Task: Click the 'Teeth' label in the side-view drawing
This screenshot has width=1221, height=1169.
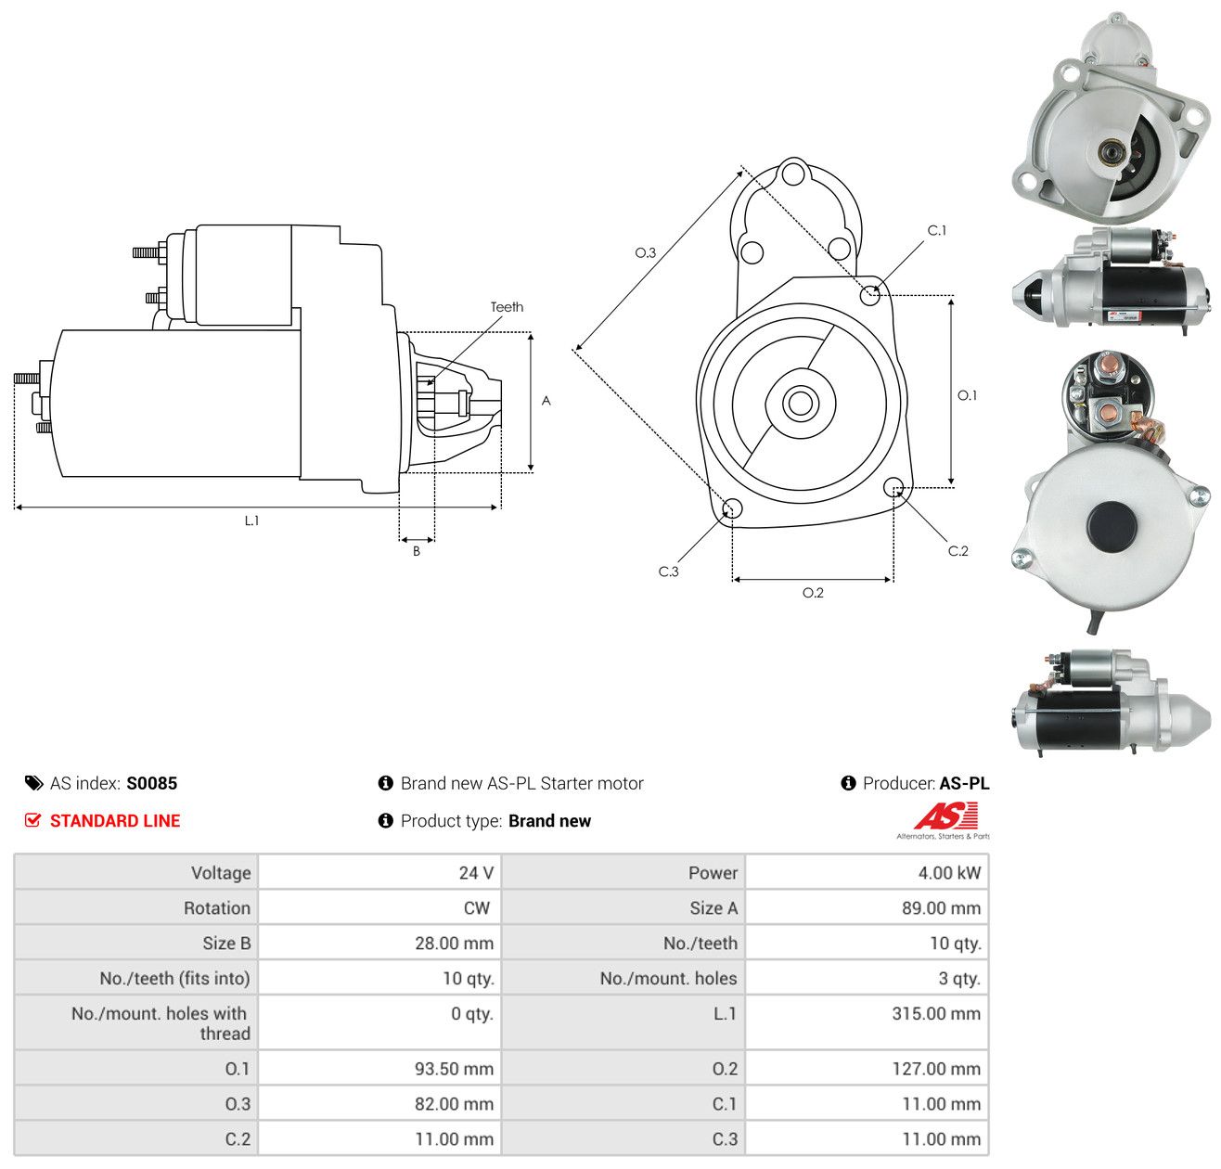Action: (507, 307)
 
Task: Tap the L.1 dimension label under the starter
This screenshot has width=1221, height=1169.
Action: (251, 520)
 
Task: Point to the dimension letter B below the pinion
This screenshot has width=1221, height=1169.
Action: (416, 551)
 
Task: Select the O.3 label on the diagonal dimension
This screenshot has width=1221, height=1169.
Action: (645, 252)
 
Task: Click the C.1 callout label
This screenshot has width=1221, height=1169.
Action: (936, 230)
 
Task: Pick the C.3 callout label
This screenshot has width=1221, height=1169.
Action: (668, 571)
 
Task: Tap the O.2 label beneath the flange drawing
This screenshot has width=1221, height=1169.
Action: (813, 592)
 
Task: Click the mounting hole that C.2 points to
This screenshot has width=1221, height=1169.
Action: (893, 486)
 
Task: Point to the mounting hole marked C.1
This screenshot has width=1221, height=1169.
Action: (869, 295)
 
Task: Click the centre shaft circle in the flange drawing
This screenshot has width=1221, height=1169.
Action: (801, 404)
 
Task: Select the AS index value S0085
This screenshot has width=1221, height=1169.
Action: (152, 783)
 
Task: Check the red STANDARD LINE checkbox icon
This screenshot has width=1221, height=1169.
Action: (32, 820)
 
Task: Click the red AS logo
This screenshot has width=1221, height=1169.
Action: (945, 816)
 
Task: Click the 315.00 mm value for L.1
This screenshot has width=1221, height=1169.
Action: (936, 1013)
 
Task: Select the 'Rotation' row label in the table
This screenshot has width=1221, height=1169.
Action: (217, 908)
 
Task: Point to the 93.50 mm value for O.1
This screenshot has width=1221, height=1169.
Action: (454, 1069)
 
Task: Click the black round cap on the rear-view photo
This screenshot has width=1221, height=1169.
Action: (1112, 525)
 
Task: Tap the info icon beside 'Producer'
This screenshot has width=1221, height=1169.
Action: (848, 783)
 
